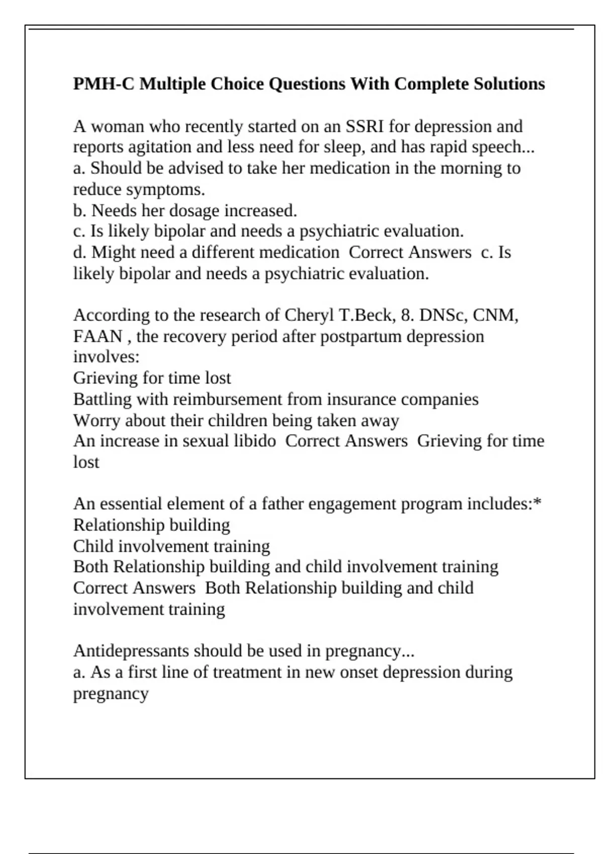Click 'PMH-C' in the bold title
(x=104, y=83)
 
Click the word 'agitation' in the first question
(x=160, y=147)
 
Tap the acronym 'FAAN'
(x=97, y=336)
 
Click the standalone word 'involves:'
(x=106, y=357)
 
